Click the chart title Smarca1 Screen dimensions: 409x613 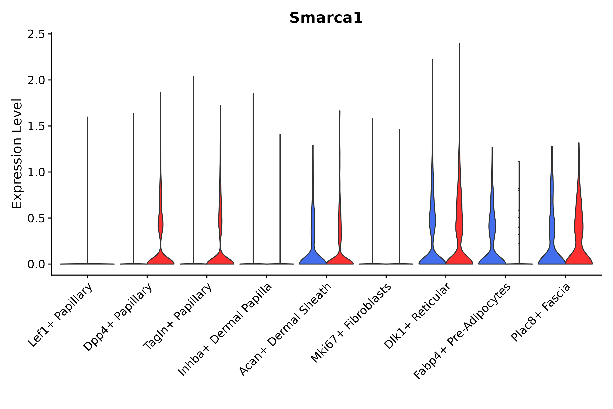[326, 18]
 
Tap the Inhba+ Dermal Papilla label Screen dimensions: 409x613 [225, 330]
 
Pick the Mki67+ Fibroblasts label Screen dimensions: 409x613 [351, 323]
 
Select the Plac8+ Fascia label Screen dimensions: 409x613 [541, 312]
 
